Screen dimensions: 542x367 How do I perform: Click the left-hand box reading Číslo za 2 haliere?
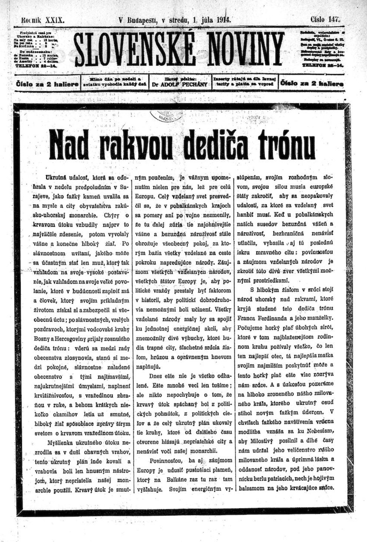[47, 84]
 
